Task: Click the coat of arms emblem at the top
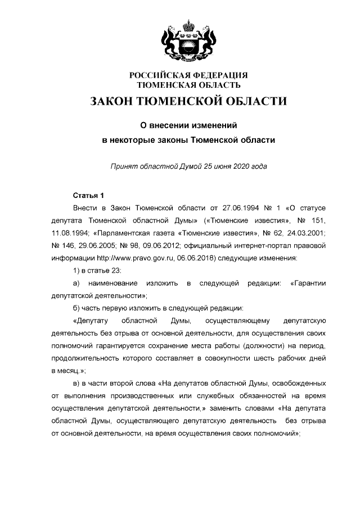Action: click(x=188, y=43)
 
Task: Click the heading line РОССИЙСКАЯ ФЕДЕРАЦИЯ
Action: click(x=188, y=76)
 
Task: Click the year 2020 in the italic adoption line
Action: click(x=238, y=167)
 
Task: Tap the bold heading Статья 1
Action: click(x=89, y=196)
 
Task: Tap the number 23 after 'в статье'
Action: click(x=115, y=271)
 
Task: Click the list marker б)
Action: click(x=78, y=308)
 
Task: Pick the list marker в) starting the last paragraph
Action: click(x=78, y=384)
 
